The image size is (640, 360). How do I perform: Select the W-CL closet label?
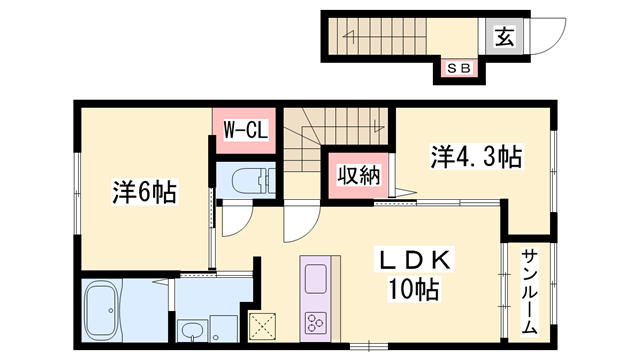tap(244, 129)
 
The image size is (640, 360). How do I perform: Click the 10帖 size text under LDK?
tap(414, 291)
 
